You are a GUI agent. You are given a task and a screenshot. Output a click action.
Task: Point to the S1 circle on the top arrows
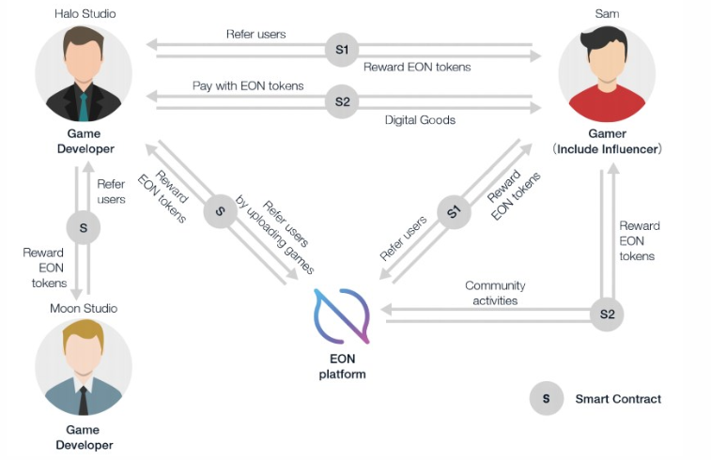(x=342, y=49)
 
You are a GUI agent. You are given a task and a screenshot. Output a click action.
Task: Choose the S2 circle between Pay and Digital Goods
(x=342, y=101)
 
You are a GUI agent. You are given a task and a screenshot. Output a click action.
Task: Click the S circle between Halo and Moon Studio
(x=83, y=226)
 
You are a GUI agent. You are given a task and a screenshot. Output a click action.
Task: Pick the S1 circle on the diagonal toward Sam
(x=454, y=213)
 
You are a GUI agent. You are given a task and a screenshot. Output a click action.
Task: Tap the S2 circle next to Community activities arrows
(x=606, y=313)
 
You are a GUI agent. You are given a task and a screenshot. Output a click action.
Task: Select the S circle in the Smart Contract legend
(x=546, y=399)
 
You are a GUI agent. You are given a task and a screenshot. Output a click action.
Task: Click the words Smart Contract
(x=618, y=399)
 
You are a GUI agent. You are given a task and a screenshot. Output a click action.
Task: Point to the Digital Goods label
(x=420, y=120)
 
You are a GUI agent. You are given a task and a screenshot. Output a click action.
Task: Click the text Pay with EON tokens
(x=248, y=85)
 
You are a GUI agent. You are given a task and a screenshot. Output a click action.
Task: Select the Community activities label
(x=495, y=293)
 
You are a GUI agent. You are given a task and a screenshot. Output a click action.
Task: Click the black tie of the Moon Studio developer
(x=84, y=401)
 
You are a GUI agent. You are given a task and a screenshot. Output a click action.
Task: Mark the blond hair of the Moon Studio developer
(x=83, y=332)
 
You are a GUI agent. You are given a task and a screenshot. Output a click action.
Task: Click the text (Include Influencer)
(x=607, y=149)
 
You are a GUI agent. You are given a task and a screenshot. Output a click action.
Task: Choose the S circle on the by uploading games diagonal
(x=220, y=210)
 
